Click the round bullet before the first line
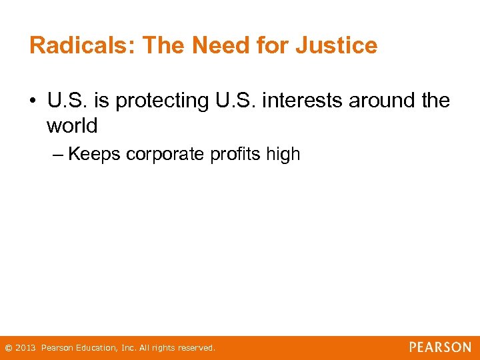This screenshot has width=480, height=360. click(x=34, y=101)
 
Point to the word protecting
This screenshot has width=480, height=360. click(x=158, y=101)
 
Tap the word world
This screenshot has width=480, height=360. click(x=72, y=125)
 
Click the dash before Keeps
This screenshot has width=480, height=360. click(x=57, y=155)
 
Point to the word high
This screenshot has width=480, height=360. click(x=283, y=155)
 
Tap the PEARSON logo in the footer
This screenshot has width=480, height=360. click(x=440, y=347)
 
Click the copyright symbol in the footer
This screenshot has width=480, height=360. click(x=8, y=348)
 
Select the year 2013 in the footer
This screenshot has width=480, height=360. click(x=25, y=348)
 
